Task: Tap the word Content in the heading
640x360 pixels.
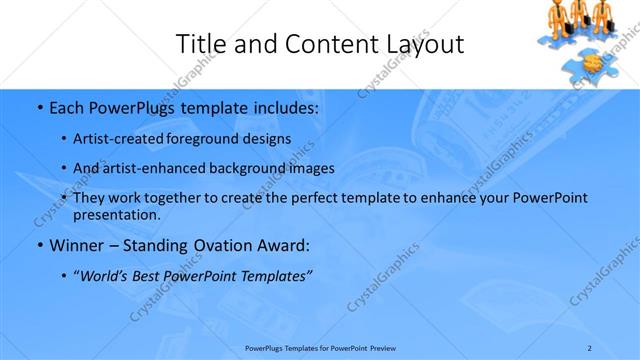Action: tap(320, 44)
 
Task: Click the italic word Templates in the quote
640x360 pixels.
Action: tap(276, 275)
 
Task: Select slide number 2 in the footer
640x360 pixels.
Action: tap(590, 347)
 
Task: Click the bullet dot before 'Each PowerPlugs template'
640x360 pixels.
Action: tap(38, 105)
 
